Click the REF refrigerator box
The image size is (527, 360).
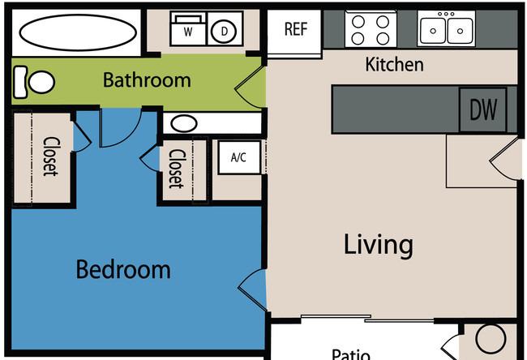[x=294, y=32]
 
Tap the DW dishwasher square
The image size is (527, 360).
[x=483, y=110]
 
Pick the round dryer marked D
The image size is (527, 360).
[x=224, y=32]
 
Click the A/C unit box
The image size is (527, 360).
[x=239, y=157]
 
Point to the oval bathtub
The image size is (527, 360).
[x=78, y=32]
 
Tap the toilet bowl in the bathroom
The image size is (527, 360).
[x=41, y=82]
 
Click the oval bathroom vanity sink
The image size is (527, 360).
[x=183, y=123]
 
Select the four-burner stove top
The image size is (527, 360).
[x=371, y=29]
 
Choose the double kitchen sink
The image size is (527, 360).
[x=446, y=28]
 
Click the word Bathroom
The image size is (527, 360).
[x=147, y=80]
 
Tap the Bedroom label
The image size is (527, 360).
[x=123, y=269]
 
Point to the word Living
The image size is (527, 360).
[x=378, y=246]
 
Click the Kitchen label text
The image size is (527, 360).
[x=394, y=64]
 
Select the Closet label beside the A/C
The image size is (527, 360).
[x=177, y=169]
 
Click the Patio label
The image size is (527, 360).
[x=351, y=354]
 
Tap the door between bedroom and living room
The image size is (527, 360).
[x=253, y=289]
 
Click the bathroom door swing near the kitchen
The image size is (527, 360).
[x=250, y=88]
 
